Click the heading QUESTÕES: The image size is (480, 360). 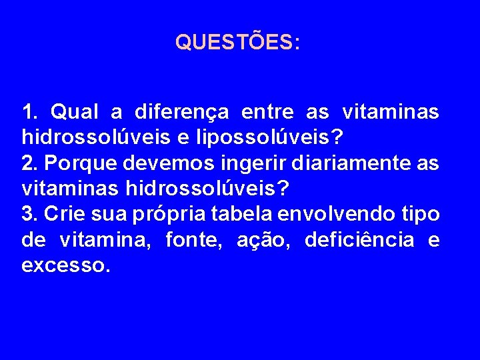click(x=237, y=43)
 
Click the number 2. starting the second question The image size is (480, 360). click(x=29, y=163)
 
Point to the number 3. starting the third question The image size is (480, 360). click(x=29, y=214)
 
